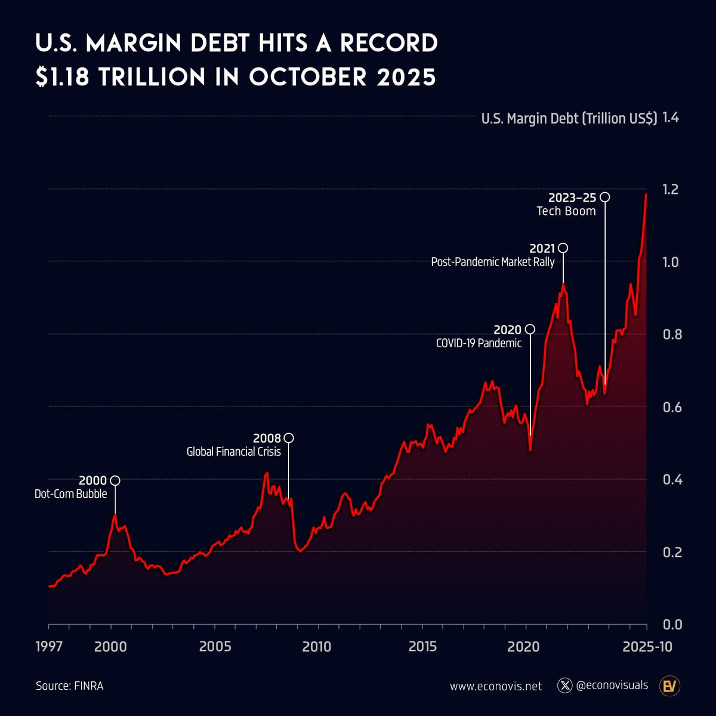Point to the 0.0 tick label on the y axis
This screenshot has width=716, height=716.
pyautogui.click(x=672, y=625)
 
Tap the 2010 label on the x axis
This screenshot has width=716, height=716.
pyautogui.click(x=316, y=647)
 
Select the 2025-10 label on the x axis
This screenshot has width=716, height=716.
pyautogui.click(x=647, y=647)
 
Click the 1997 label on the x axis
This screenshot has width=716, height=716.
pyautogui.click(x=49, y=647)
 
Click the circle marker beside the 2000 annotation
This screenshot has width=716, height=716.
pyautogui.click(x=115, y=480)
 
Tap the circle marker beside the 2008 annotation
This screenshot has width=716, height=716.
pyautogui.click(x=289, y=438)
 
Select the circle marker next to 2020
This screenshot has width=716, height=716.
pyautogui.click(x=530, y=329)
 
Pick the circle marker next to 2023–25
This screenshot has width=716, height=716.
pyautogui.click(x=605, y=197)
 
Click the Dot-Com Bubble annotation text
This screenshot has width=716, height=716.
pyautogui.click(x=70, y=494)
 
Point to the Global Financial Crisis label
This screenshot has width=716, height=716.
pyautogui.click(x=234, y=452)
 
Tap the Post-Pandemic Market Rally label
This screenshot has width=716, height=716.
pyautogui.click(x=493, y=262)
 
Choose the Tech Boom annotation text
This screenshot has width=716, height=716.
pyautogui.click(x=566, y=211)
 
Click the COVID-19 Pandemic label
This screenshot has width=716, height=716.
pyautogui.click(x=479, y=343)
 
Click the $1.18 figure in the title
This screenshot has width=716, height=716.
pyautogui.click(x=63, y=77)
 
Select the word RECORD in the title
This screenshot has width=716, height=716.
pyautogui.click(x=389, y=43)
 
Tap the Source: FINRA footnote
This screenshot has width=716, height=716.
pyautogui.click(x=69, y=686)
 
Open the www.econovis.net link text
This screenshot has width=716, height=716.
pyautogui.click(x=496, y=686)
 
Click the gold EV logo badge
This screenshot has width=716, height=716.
pyautogui.click(x=669, y=686)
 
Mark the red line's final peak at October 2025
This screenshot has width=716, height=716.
pyautogui.click(x=646, y=194)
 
